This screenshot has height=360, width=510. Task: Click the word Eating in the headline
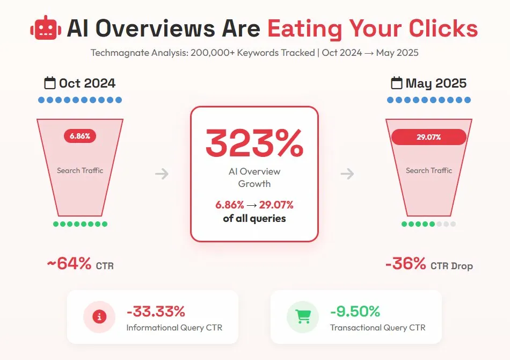tap(304, 28)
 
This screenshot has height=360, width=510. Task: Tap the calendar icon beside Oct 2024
tap(50, 83)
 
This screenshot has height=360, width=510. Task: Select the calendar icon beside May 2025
tap(397, 83)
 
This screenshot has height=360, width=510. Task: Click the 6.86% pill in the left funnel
tap(80, 136)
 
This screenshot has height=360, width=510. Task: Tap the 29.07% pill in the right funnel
tap(428, 137)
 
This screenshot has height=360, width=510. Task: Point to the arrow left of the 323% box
tap(162, 174)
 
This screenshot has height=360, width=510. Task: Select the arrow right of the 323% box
tap(347, 174)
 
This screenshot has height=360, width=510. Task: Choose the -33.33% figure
tap(156, 311)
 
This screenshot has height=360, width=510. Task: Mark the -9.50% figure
tap(355, 311)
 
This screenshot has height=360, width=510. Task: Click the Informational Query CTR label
tap(174, 327)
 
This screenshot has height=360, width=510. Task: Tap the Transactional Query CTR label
tap(377, 327)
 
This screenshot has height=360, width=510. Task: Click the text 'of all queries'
tap(254, 218)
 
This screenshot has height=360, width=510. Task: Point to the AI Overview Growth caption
tap(254, 177)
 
